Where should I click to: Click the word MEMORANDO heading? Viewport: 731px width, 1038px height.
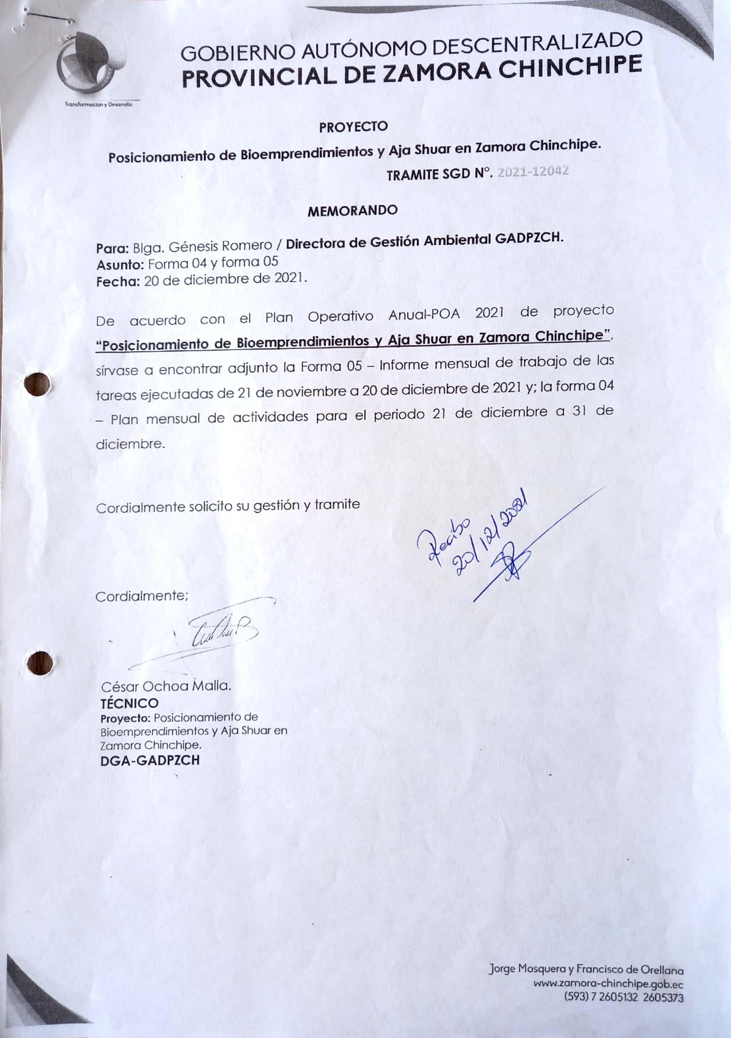[352, 211]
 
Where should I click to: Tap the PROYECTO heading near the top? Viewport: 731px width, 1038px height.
[353, 127]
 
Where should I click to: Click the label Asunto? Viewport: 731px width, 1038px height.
[120, 264]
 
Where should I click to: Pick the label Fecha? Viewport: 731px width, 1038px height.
[118, 282]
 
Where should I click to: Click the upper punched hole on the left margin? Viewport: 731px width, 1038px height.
[38, 385]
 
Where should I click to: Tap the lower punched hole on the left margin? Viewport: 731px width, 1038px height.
[39, 664]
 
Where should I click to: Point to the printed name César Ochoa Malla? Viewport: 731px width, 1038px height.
[166, 699]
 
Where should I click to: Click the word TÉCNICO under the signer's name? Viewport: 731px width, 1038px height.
[130, 716]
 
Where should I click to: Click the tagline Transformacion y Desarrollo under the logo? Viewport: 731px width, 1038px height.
[99, 105]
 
